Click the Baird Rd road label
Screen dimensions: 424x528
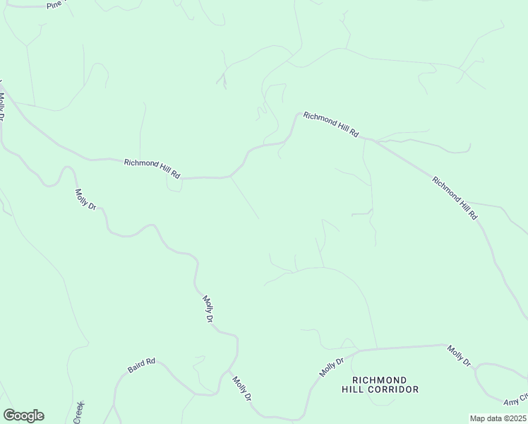tap(141, 366)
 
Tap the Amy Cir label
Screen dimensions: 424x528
tap(516, 399)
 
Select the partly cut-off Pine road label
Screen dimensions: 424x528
tap(55, 4)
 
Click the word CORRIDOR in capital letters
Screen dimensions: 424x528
tap(392, 389)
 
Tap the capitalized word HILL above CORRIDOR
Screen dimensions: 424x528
tap(354, 389)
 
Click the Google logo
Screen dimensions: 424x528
tap(23, 416)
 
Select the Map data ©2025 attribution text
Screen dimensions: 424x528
tap(498, 418)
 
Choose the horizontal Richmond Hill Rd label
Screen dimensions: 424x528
tap(152, 167)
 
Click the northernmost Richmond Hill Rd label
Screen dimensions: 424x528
tap(331, 124)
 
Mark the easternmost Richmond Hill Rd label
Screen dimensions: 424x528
tap(455, 198)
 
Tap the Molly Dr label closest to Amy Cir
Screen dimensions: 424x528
tap(459, 355)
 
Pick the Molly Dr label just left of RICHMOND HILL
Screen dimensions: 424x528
tap(330, 367)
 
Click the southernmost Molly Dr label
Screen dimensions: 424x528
tap(241, 389)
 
